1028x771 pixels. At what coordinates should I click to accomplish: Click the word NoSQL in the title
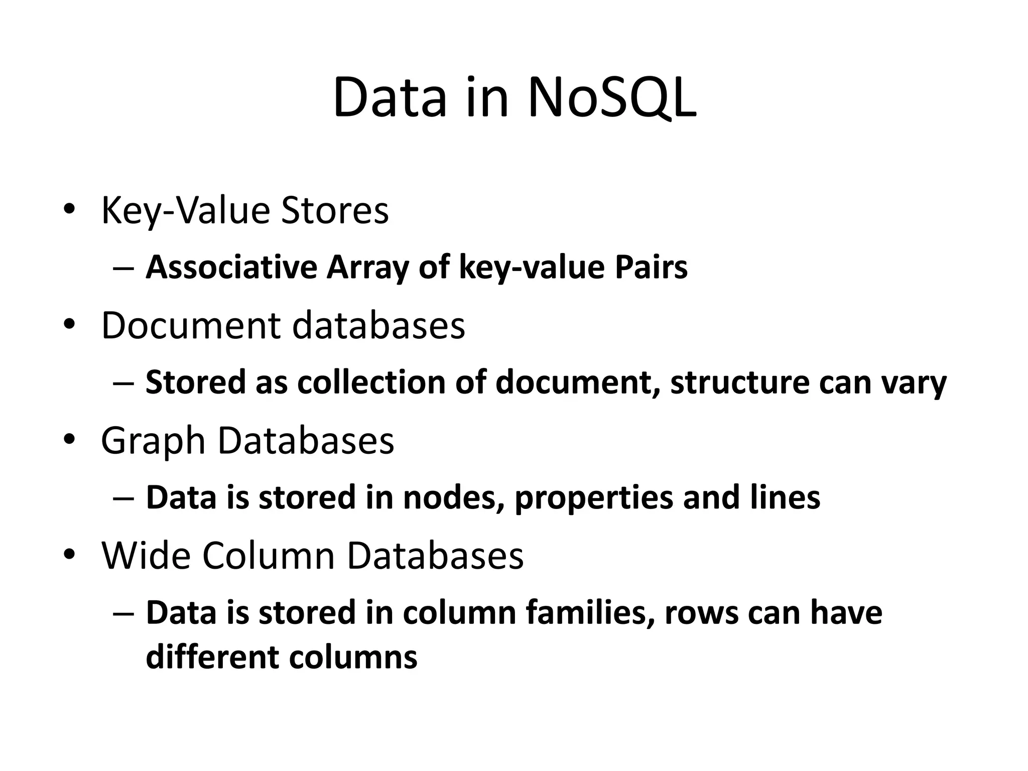coord(611,98)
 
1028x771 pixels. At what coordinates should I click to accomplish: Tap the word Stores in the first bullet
coord(335,211)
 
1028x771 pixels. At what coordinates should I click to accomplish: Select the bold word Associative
coord(231,268)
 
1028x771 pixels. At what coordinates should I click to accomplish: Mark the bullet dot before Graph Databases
coord(69,440)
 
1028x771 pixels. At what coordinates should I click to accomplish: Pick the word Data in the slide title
coord(390,98)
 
